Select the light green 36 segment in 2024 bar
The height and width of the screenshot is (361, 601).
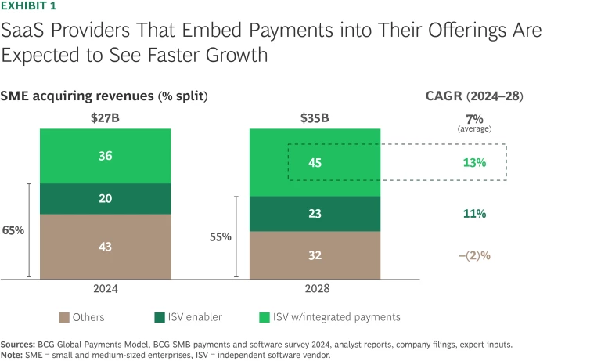point(106,155)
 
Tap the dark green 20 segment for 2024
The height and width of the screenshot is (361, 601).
point(106,198)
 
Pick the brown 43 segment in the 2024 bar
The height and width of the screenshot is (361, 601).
point(106,246)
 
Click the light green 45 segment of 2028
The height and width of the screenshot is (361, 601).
point(315,162)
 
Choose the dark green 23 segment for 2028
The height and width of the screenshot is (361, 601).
point(315,213)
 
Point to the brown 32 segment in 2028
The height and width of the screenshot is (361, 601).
point(315,255)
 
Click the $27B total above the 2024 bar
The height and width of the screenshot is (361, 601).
point(106,117)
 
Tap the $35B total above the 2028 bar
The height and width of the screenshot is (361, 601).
point(315,117)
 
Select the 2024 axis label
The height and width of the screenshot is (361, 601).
point(106,289)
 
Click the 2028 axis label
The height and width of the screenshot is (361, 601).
point(315,289)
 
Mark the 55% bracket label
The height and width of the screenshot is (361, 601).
point(221,236)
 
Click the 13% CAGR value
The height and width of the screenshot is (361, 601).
point(474,162)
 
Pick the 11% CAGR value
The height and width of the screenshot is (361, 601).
point(474,213)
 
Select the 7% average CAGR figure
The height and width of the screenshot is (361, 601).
point(474,117)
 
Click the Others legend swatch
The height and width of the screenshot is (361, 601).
point(65,317)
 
